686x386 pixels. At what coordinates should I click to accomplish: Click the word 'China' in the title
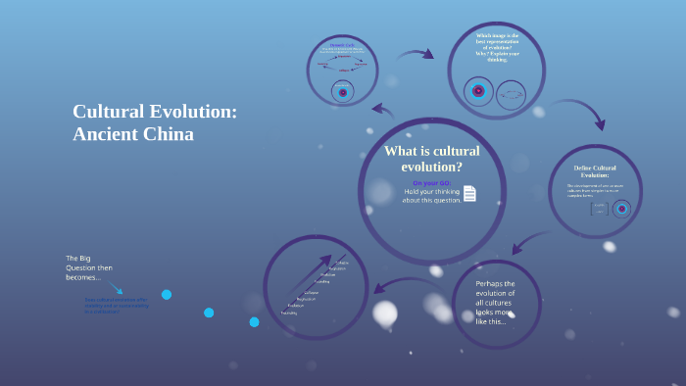(x=171, y=134)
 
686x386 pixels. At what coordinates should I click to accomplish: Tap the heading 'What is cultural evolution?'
(x=431, y=159)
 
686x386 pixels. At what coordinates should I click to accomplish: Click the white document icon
(x=470, y=193)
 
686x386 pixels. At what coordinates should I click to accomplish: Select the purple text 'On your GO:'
(x=431, y=183)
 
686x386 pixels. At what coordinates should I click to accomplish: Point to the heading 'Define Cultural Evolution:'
(x=595, y=171)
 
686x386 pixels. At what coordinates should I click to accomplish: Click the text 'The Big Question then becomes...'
(x=89, y=267)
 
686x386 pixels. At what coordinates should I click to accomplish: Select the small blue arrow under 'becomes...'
(x=117, y=289)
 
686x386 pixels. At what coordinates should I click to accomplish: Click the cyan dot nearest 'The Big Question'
(x=167, y=294)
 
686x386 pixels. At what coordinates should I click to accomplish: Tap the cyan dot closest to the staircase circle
(x=254, y=321)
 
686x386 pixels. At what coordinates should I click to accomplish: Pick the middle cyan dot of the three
(x=209, y=313)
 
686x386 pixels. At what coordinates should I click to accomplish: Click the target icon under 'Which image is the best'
(x=478, y=91)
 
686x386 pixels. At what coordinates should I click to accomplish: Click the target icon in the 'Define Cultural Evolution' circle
(x=621, y=209)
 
